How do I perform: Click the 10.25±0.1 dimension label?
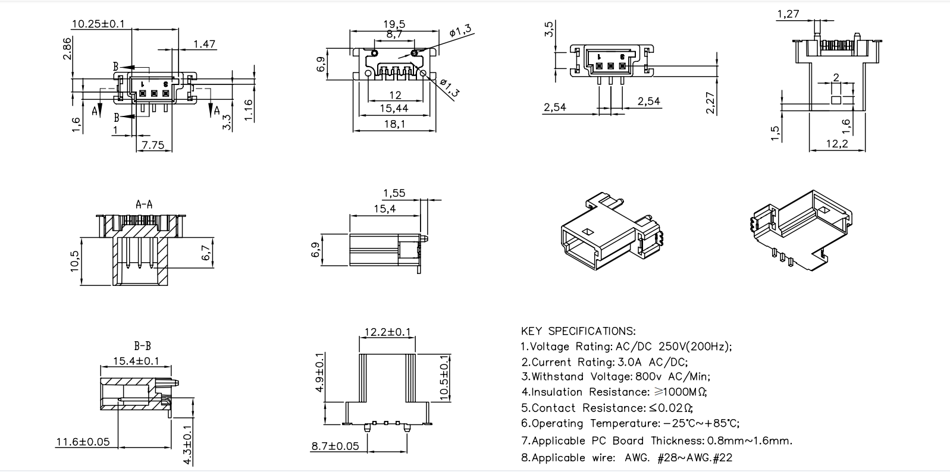[98, 24]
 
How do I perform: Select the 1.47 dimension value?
[204, 44]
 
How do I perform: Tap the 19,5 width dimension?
[394, 24]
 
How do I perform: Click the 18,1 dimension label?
[394, 124]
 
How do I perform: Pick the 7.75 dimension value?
[153, 144]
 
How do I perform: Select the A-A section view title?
[144, 204]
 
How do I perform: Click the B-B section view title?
[142, 345]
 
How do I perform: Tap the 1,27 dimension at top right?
[788, 14]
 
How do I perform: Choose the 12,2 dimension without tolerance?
[836, 144]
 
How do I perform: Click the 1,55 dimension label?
[394, 193]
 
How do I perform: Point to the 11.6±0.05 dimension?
[83, 442]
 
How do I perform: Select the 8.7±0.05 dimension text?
[336, 446]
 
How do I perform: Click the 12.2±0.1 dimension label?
[387, 332]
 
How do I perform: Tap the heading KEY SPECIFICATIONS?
[578, 331]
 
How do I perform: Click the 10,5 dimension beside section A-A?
[75, 261]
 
